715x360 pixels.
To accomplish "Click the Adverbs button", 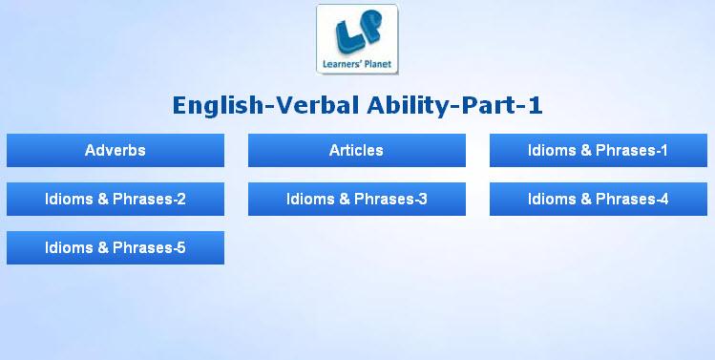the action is pyautogui.click(x=116, y=150).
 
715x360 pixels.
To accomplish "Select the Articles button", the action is pyautogui.click(x=357, y=150).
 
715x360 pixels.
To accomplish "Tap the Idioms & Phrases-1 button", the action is pyautogui.click(x=599, y=150).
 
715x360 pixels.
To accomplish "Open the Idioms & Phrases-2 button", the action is pyautogui.click(x=116, y=199).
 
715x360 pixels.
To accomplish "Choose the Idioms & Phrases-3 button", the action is pyautogui.click(x=357, y=199).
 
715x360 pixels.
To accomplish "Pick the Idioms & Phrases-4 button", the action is pyautogui.click(x=599, y=199).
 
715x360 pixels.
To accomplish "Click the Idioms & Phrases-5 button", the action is pyautogui.click(x=116, y=247).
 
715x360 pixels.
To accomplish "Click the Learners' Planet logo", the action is pyautogui.click(x=357, y=39).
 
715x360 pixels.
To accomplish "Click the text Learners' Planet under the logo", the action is pyautogui.click(x=357, y=64).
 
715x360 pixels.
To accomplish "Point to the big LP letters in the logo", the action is pyautogui.click(x=358, y=32).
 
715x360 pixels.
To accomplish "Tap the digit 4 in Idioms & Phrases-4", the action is pyautogui.click(x=663, y=199).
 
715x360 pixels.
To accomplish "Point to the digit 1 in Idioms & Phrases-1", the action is pyautogui.click(x=663, y=150).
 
